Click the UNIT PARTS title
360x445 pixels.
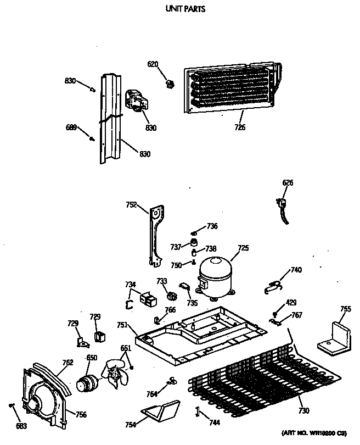pyautogui.click(x=185, y=9)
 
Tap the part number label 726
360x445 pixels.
pyautogui.click(x=239, y=127)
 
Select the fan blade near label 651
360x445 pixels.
pyautogui.click(x=117, y=372)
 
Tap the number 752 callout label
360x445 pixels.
pyautogui.click(x=131, y=204)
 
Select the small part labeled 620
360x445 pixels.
pyautogui.click(x=171, y=84)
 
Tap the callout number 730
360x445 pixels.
pyautogui.click(x=303, y=411)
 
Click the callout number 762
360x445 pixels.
pyautogui.click(x=67, y=362)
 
